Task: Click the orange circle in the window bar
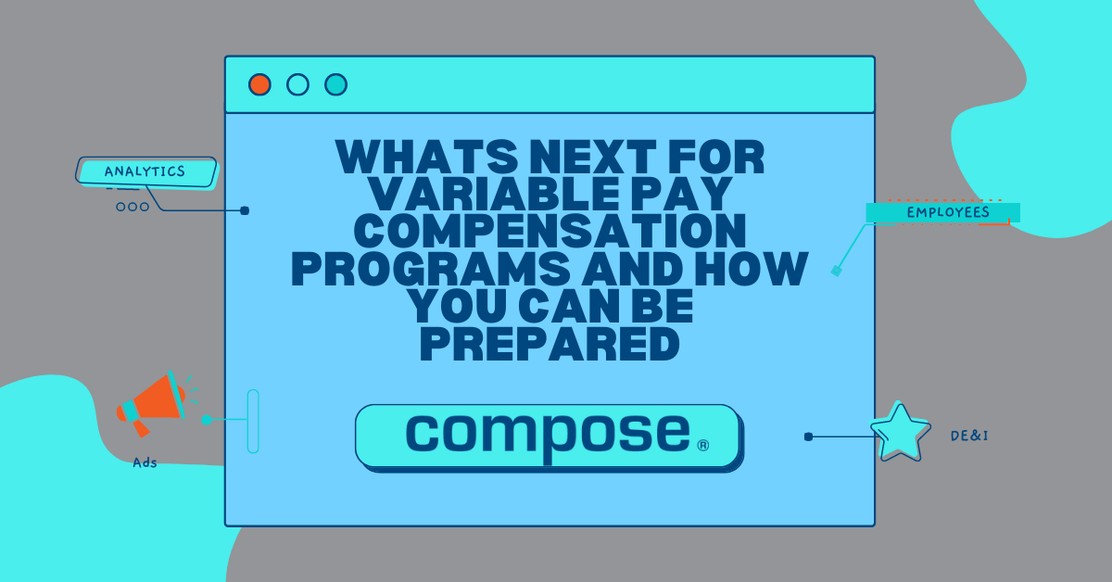[x=259, y=84]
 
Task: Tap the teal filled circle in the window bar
[x=335, y=84]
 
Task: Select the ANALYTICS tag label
[x=145, y=171]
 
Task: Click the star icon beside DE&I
[x=900, y=433]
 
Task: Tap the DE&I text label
[x=969, y=435]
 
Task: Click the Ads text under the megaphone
[x=145, y=462]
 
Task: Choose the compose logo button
[x=548, y=436]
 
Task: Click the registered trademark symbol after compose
[x=702, y=446]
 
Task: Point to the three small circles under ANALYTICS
[x=133, y=207]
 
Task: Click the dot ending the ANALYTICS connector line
[x=245, y=210]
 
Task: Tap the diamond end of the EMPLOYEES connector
[x=836, y=271]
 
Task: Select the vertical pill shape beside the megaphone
[x=253, y=421]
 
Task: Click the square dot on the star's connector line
[x=808, y=436]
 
